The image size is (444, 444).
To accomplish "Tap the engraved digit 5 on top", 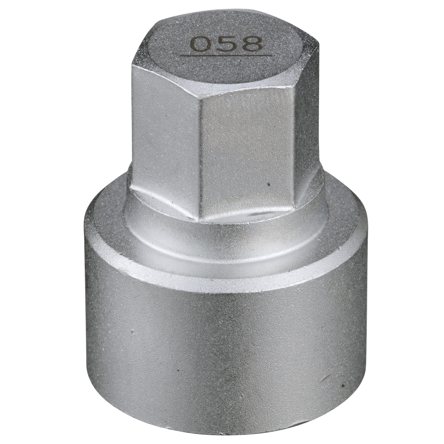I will click(x=226, y=44).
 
